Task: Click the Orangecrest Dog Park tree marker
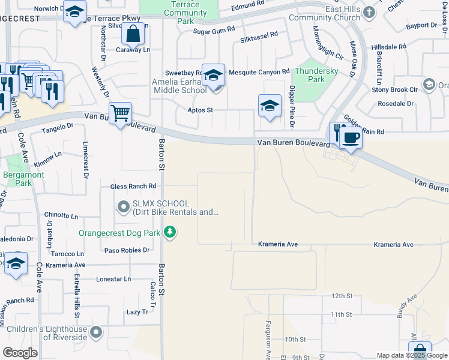[170, 232]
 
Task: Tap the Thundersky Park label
[315, 75]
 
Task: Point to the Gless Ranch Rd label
[133, 187]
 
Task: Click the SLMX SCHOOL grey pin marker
[124, 208]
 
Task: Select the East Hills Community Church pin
[369, 12]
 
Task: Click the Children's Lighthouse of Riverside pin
[96, 332]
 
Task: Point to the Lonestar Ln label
[113, 279]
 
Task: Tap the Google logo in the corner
[20, 353]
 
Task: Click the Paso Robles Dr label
[127, 250]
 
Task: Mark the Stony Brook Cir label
[394, 90]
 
